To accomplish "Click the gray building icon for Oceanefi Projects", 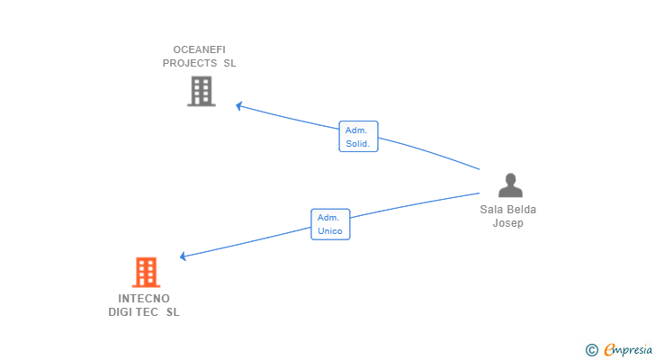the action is tap(202, 91).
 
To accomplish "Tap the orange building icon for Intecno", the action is tap(146, 273).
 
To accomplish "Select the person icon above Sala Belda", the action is tap(510, 185).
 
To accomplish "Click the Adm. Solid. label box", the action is tap(358, 137).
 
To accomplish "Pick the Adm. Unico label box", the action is tap(330, 224).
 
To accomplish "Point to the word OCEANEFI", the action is tap(199, 49).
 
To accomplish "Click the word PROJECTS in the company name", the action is tap(190, 63).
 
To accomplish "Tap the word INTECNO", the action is tap(144, 299).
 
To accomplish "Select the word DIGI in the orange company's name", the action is tap(120, 312).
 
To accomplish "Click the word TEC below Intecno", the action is tap(147, 312).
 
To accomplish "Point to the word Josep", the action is tap(508, 223).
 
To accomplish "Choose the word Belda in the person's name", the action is tap(523, 209).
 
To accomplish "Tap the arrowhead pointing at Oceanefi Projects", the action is tap(239, 106).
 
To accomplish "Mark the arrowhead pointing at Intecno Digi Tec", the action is tap(183, 256).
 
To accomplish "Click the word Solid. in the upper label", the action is tap(358, 144).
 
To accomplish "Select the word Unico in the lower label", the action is tap(330, 231).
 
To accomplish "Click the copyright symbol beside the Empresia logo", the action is tap(591, 350).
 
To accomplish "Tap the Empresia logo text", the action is tap(628, 350).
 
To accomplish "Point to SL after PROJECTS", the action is tap(229, 63).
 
